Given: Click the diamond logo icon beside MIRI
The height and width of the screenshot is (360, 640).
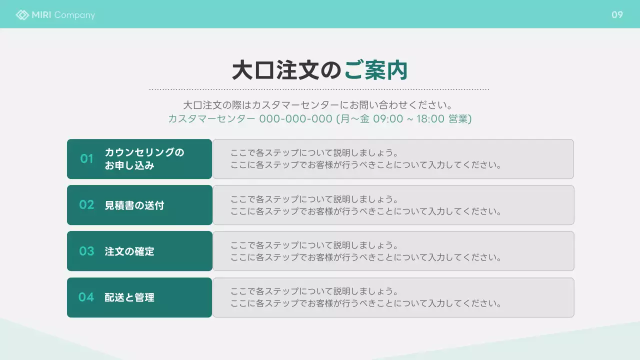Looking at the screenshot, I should point(22,15).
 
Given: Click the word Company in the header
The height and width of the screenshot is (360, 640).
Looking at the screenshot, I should point(74,15).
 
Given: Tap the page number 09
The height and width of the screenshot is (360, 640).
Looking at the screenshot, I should point(617,15).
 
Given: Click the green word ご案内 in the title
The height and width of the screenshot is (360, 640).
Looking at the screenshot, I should point(376,70).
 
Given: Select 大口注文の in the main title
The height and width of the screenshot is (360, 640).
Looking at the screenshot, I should point(287,70).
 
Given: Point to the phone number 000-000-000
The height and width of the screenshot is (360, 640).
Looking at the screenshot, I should point(295,119).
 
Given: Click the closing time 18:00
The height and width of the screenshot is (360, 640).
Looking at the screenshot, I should point(430,119).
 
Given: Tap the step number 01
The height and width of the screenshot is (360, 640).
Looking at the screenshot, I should point(87,159).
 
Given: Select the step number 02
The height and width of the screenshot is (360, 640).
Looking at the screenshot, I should point(86,205).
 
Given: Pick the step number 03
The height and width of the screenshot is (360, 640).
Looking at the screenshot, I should point(86,251).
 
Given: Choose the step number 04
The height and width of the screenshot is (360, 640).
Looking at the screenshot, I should point(86,297).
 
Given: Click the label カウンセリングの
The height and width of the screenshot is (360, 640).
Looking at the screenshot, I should point(144,152).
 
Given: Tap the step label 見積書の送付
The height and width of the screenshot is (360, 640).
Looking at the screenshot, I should point(134,205).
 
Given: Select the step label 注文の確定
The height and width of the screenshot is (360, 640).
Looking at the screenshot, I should point(129,251).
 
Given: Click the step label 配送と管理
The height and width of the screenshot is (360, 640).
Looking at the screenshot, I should point(129,298).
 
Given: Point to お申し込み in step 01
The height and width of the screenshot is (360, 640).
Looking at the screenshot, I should point(129,165).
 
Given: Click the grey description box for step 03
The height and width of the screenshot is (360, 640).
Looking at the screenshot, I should point(393,251).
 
